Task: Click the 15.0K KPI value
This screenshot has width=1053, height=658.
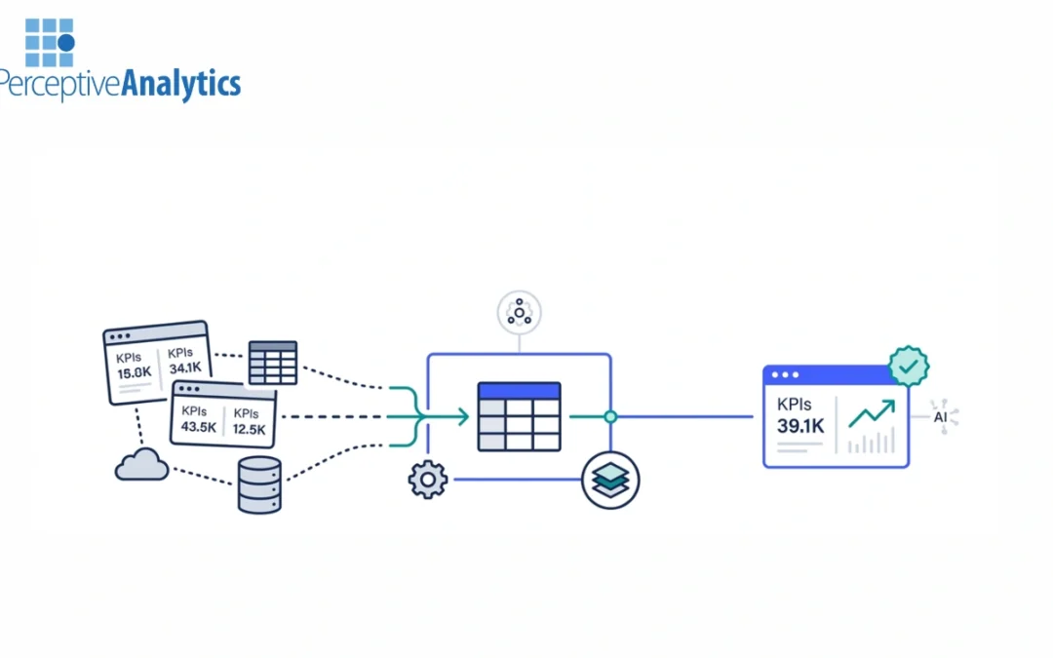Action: click(x=135, y=372)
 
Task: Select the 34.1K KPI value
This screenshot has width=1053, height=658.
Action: click(x=184, y=368)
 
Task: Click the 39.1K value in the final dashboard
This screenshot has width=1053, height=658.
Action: click(x=800, y=425)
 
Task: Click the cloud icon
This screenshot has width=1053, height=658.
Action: click(x=141, y=466)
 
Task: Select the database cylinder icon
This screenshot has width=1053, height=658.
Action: click(x=259, y=484)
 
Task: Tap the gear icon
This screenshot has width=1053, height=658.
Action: click(x=427, y=480)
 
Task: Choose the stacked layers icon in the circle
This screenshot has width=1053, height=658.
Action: click(x=610, y=480)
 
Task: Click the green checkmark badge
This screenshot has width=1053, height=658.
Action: click(x=909, y=367)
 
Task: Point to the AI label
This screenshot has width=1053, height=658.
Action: click(x=941, y=417)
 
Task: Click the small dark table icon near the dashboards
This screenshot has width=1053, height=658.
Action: click(x=273, y=363)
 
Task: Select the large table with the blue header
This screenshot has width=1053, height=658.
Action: click(x=519, y=416)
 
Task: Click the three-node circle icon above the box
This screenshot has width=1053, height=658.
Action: click(x=519, y=312)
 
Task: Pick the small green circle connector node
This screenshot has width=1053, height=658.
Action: click(x=610, y=417)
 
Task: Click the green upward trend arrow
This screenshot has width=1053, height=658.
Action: click(x=871, y=412)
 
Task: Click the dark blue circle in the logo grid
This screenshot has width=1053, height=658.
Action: click(x=66, y=43)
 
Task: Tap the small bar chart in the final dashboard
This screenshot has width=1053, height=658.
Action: click(x=871, y=442)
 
